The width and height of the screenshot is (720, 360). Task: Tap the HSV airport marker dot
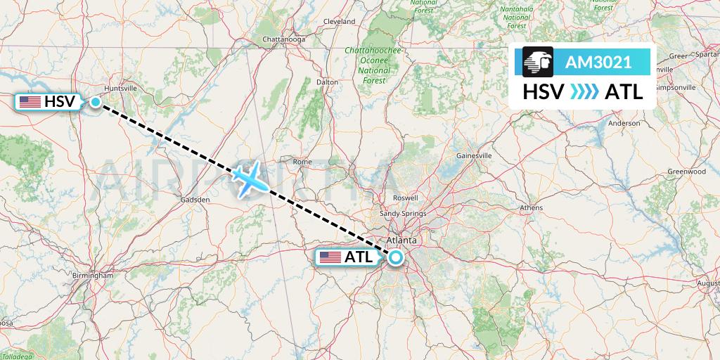95,103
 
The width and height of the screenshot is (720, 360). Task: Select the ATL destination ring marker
395,257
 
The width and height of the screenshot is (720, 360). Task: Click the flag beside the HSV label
30,103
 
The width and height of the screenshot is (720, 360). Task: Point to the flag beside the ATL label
330,257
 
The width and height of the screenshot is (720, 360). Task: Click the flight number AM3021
598,63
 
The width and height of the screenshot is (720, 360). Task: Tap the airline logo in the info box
538,62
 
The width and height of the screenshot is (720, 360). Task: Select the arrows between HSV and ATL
584,92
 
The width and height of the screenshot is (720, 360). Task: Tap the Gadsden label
196,200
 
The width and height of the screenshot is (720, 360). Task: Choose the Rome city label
302,162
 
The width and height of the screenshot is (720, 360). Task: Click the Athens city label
531,208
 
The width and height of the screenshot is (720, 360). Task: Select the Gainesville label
473,155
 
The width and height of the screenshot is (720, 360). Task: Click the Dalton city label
327,82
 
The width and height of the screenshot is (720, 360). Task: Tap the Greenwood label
686,172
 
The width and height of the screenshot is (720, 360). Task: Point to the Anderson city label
624,123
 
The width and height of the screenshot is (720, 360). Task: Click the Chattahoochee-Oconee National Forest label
373,65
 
